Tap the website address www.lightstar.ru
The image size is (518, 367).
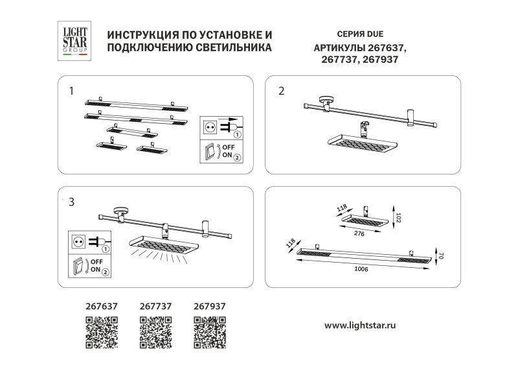point(359,324)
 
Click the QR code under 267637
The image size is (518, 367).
point(102,332)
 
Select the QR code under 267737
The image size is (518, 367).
point(156,332)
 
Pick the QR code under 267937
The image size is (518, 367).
point(210,332)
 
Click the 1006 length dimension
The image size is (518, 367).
point(362,268)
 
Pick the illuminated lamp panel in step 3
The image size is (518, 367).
point(163,244)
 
